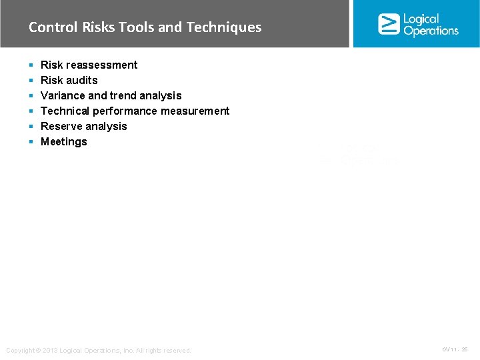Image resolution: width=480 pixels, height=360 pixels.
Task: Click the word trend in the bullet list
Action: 123,95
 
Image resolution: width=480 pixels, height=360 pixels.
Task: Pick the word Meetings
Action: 64,141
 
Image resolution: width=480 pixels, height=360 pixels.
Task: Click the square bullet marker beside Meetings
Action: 31,142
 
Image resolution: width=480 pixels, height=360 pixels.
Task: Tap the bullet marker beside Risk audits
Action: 31,81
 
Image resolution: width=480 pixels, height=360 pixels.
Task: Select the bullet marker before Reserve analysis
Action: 31,127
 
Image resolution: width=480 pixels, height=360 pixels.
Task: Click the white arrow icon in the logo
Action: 389,24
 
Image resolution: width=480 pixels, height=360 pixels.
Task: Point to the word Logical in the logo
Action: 421,19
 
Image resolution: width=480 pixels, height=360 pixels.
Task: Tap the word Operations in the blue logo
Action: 431,31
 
